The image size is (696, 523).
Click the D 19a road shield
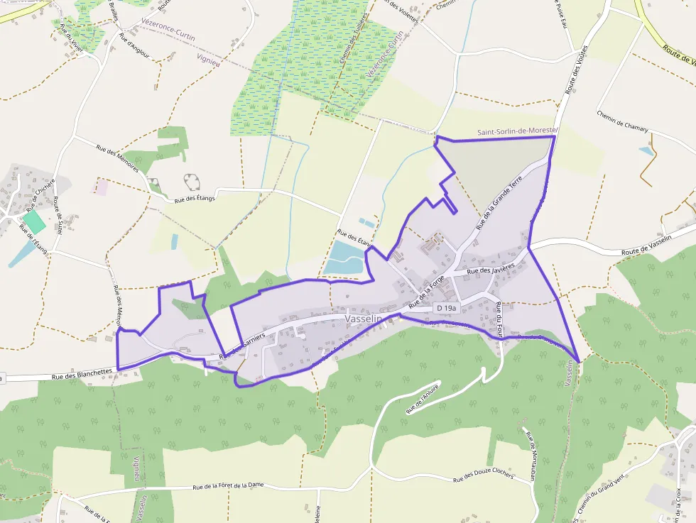click(x=447, y=308)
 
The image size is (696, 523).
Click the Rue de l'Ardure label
click(x=423, y=399)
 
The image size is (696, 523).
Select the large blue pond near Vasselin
click(x=344, y=258)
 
